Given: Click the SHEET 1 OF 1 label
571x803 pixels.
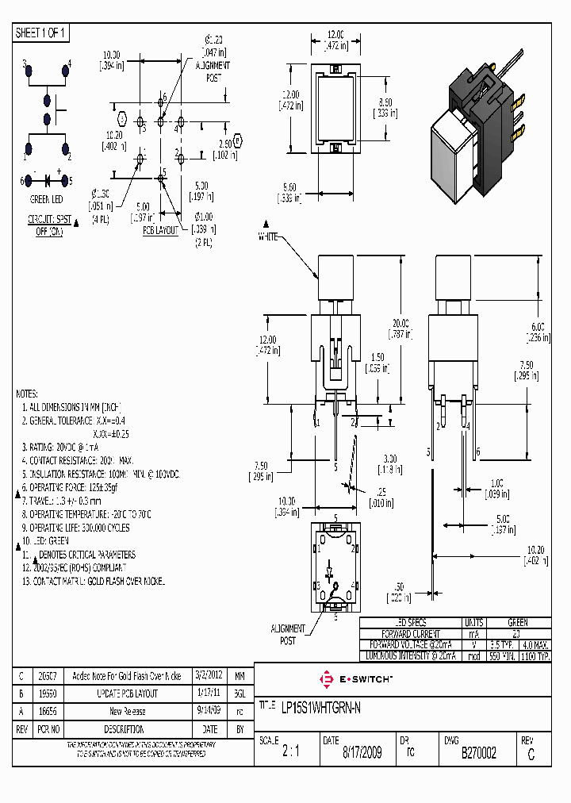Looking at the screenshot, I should pos(42,33).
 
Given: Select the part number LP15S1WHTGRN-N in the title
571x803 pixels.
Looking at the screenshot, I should pos(320,707).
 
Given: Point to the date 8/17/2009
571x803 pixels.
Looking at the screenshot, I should pos(361,753).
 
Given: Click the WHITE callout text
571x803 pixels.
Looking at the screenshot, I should pos(267,237).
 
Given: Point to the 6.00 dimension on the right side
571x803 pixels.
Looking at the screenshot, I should pos(537,331).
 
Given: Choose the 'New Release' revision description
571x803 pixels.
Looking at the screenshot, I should pos(126,711).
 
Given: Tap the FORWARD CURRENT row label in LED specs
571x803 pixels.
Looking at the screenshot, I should pos(410,635).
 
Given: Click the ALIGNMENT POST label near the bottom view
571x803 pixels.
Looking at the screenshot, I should pos(287,634).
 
